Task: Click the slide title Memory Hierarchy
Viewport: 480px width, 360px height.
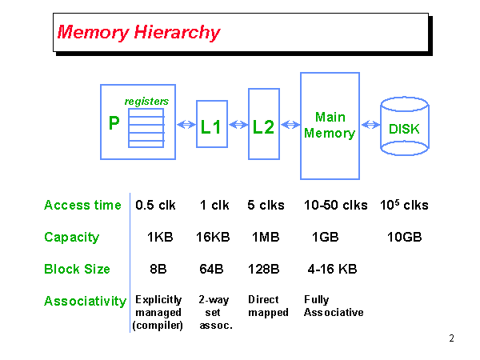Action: [x=138, y=33]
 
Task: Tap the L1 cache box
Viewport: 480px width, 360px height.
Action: [x=211, y=126]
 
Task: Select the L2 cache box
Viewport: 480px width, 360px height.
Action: [x=263, y=126]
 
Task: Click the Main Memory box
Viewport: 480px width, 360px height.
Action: [x=330, y=126]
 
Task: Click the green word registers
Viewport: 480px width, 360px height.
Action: [x=146, y=101]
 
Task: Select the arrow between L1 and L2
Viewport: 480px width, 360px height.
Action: [x=238, y=125]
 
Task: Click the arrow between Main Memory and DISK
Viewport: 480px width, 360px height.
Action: [x=370, y=125]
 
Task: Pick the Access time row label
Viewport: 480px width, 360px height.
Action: [x=82, y=205]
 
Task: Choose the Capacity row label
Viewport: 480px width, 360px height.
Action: [x=72, y=237]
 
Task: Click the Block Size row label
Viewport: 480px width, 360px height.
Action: [x=77, y=269]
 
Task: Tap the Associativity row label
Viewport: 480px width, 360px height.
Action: [x=85, y=301]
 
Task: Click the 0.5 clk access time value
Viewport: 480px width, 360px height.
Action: [x=155, y=205]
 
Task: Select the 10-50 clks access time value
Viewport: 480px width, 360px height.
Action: [x=335, y=205]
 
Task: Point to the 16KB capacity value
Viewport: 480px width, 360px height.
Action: [x=213, y=237]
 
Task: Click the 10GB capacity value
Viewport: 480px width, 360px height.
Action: [x=404, y=237]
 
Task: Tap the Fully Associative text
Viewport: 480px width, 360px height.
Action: [x=334, y=306]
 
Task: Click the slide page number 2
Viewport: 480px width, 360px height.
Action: [x=451, y=338]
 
